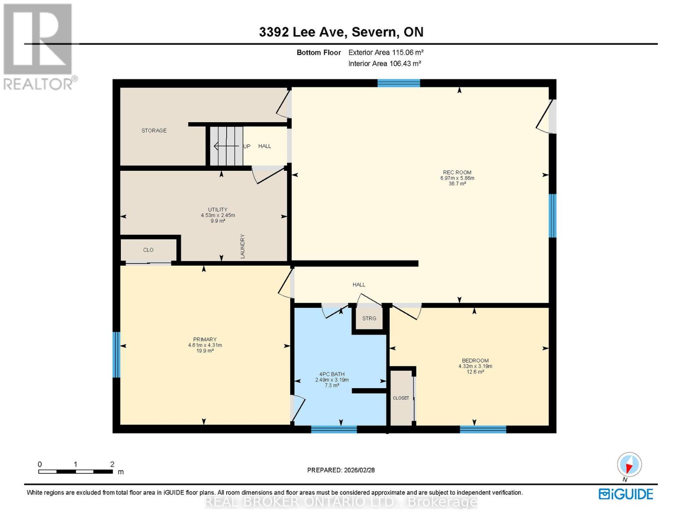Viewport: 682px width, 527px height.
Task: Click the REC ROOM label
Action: coord(457,173)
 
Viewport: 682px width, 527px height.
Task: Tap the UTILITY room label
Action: coord(217,209)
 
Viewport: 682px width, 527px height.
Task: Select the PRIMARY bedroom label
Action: coord(205,339)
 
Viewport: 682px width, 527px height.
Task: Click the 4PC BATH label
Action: coord(332,374)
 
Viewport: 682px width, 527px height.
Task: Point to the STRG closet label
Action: coord(369,318)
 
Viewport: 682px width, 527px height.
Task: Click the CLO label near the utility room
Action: coord(148,250)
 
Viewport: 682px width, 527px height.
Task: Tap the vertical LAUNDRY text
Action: coord(242,246)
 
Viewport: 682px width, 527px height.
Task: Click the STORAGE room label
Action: coord(154,130)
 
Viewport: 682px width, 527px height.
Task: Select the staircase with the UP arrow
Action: coord(226,146)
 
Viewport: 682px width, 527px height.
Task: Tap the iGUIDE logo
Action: coord(626,494)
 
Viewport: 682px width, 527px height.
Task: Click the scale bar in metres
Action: coord(75,472)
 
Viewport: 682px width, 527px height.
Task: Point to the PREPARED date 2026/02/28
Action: coord(341,470)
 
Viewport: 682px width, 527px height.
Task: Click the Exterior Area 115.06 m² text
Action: coord(386,52)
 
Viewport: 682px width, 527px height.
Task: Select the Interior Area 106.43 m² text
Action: coord(385,63)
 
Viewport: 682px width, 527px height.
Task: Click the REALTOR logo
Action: coord(39,46)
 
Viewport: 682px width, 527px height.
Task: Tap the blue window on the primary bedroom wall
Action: coord(116,354)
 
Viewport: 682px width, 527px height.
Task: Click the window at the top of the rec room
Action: coord(399,83)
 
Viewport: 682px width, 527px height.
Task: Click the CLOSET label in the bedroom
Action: coord(401,398)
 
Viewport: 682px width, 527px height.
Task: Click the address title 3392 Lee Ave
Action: coord(341,32)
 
